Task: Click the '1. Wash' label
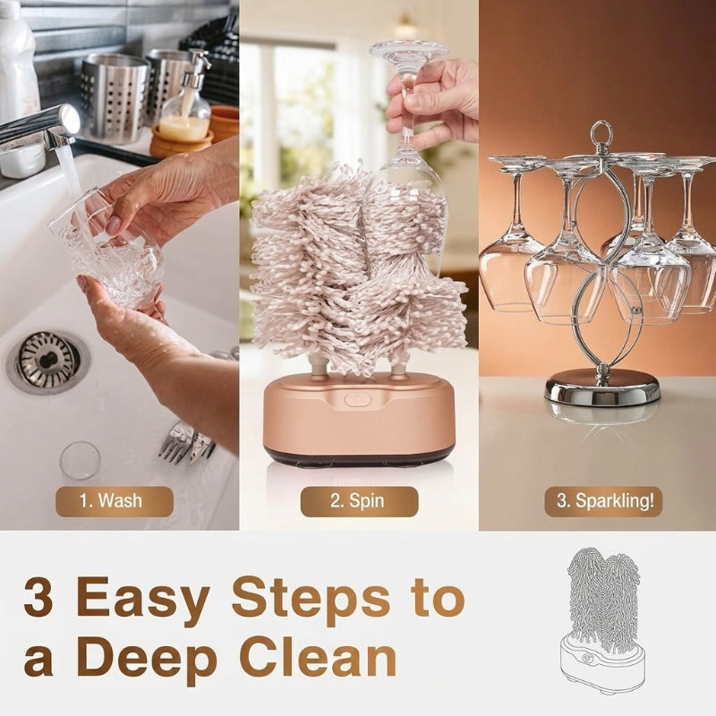pos(115,501)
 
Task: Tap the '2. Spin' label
pos(359,501)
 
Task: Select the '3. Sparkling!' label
pos(603,501)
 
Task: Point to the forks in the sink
pos(186,442)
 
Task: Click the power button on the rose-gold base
pos(357,400)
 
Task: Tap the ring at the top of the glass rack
pos(600,132)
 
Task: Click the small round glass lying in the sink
pos(80,460)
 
